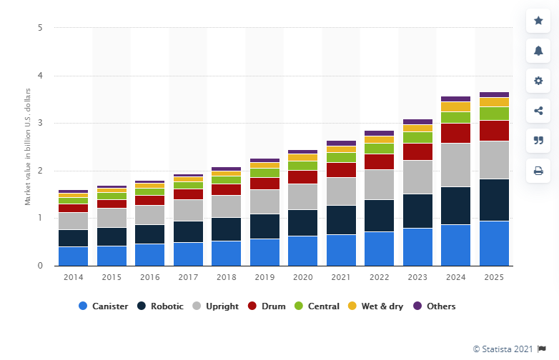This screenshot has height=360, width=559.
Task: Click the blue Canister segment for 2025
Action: (x=494, y=243)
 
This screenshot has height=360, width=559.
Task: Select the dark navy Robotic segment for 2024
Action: (x=455, y=206)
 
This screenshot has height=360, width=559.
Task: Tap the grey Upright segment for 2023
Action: (x=417, y=177)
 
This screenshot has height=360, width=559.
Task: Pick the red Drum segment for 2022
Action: (x=379, y=161)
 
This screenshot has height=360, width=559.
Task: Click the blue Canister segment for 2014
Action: (x=73, y=256)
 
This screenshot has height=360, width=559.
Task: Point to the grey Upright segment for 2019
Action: (x=264, y=201)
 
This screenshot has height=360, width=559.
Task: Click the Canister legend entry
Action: (x=104, y=306)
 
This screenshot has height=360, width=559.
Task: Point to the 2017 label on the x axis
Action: (x=188, y=276)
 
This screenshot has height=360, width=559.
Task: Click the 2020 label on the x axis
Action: (x=302, y=276)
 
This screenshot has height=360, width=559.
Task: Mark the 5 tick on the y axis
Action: (x=40, y=29)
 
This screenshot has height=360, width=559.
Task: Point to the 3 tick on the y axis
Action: (x=40, y=124)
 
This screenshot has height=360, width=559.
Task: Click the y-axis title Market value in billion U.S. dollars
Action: (x=28, y=146)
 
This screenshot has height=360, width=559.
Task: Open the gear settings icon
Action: (x=538, y=81)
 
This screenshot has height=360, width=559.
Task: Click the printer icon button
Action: (x=538, y=171)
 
